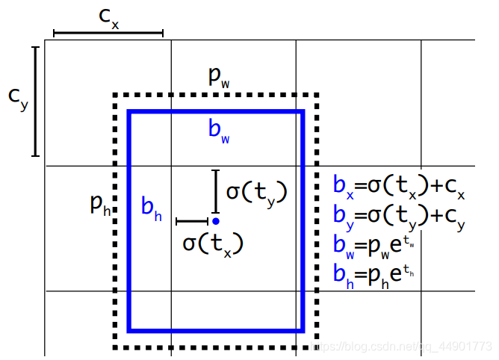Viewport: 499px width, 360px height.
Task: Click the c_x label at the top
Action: click(109, 19)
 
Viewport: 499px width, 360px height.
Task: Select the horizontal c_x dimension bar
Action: click(108, 33)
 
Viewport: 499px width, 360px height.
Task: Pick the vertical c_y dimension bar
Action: click(34, 102)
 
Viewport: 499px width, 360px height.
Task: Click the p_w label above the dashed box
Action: click(218, 76)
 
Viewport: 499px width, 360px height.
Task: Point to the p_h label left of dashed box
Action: click(99, 203)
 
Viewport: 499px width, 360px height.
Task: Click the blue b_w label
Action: click(219, 131)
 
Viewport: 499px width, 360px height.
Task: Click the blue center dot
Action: click(215, 221)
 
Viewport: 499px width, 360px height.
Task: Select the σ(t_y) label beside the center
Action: click(256, 192)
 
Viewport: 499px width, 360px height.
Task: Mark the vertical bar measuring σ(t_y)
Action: click(215, 192)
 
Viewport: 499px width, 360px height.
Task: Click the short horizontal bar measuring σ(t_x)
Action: click(192, 221)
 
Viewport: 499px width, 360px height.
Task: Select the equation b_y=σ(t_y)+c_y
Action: click(399, 216)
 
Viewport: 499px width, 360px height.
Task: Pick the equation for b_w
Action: click(374, 244)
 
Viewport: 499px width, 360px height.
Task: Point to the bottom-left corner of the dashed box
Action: click(115, 347)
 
